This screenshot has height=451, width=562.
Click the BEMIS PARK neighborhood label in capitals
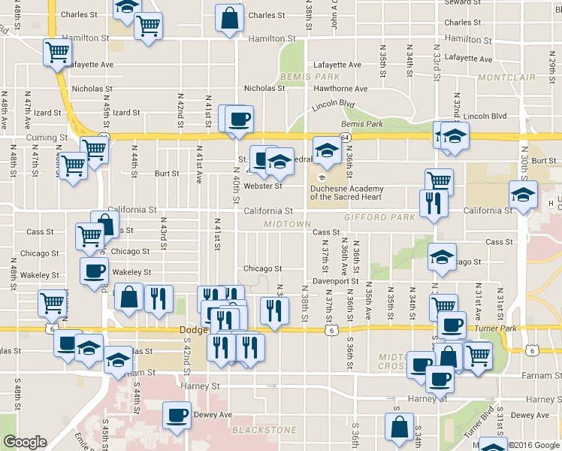point(300,77)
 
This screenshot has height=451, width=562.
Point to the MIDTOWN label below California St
point(287,224)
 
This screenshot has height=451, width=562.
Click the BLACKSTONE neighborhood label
point(264,430)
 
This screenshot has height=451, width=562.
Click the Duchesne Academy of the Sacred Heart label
point(346,192)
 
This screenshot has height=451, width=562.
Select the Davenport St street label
point(336,281)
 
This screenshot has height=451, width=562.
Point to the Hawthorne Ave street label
point(340,89)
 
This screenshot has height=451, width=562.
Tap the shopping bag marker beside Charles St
point(229,19)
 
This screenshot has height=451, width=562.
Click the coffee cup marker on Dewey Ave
point(178,416)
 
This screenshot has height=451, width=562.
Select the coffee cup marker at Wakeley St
point(94,271)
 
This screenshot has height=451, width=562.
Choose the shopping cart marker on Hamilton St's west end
point(57,53)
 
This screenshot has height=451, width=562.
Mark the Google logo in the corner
point(25,443)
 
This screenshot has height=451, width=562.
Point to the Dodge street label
point(192,330)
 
